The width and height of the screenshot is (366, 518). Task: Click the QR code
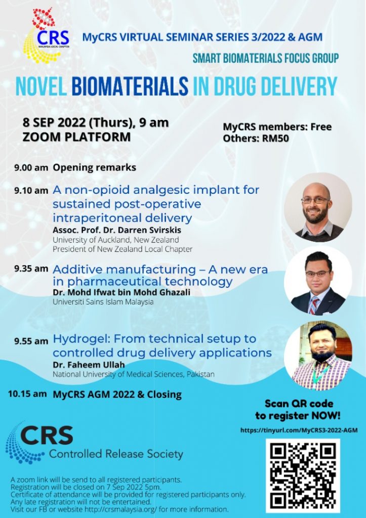(303, 476)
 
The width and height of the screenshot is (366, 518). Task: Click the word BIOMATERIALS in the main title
(130, 86)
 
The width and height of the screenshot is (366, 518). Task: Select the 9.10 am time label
(31, 191)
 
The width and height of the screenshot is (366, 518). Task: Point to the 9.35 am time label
(31, 269)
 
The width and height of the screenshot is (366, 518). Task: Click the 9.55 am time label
(31, 341)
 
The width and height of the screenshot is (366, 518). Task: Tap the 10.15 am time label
(27, 394)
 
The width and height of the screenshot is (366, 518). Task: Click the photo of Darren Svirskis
(318, 207)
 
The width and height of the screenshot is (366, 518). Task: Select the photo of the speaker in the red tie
(318, 281)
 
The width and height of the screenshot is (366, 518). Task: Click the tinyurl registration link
(299, 430)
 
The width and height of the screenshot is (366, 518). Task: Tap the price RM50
(275, 139)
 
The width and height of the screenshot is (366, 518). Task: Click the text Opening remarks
(95, 167)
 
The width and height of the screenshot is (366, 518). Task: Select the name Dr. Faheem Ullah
(89, 365)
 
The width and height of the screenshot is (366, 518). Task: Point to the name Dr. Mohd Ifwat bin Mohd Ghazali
(121, 292)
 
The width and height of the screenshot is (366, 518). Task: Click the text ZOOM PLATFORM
(77, 137)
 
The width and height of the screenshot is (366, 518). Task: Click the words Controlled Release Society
(116, 454)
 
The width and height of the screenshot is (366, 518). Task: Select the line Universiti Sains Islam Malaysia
(103, 301)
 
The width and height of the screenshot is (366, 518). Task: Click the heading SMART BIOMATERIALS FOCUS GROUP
(266, 59)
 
